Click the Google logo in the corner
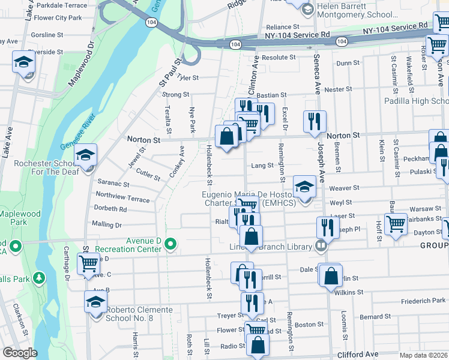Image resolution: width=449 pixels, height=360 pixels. click(x=20, y=353)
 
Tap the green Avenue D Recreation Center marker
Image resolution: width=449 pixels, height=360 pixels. click(x=171, y=244)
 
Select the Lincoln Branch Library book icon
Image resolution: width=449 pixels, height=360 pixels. click(x=322, y=245)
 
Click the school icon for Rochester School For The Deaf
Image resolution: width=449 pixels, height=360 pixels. click(x=86, y=155)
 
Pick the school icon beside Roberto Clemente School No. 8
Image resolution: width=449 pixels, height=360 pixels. click(x=95, y=302)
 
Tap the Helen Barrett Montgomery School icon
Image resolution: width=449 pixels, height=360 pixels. click(x=308, y=8)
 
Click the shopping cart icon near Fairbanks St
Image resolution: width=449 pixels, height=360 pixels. click(x=396, y=224)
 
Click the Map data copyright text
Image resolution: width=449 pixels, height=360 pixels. click(x=427, y=355)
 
